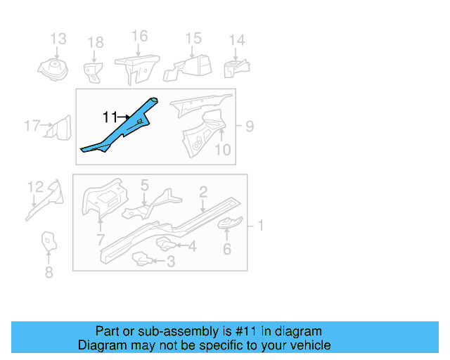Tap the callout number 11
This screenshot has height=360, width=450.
(110, 117)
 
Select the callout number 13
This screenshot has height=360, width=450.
(58, 39)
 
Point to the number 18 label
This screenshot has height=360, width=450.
(95, 44)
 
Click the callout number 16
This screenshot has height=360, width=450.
(139, 36)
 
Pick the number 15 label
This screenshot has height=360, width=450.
(193, 39)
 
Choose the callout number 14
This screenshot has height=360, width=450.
(237, 40)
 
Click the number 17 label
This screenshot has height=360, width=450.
(32, 127)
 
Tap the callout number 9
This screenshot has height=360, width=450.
(250, 127)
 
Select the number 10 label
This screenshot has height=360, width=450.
(222, 149)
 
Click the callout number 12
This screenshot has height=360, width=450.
(35, 186)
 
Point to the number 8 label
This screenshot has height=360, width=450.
(49, 273)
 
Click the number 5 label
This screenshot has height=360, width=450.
(144, 186)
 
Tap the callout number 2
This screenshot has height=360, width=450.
(202, 191)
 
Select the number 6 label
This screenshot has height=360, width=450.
(226, 249)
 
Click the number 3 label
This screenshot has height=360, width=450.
(171, 262)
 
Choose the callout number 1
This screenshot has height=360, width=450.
(260, 225)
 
